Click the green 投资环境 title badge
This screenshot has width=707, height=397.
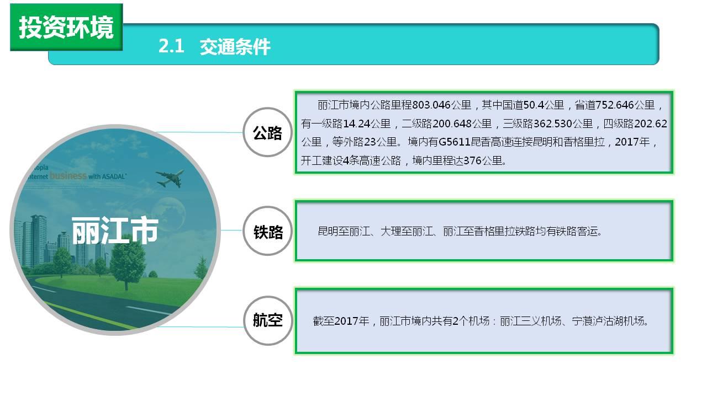(x=66, y=27)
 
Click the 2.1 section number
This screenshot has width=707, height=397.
(x=171, y=46)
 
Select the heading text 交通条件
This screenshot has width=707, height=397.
(x=235, y=47)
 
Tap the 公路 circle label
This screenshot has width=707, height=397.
(x=267, y=132)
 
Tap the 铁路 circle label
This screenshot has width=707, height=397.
(x=268, y=231)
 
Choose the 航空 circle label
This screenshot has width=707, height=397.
(x=268, y=320)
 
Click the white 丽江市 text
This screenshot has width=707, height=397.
(x=115, y=230)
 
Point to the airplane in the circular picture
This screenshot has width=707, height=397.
(x=170, y=178)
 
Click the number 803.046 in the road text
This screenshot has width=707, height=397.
(x=431, y=105)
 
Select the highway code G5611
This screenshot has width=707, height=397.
(x=454, y=142)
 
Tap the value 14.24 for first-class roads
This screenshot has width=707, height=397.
(x=357, y=124)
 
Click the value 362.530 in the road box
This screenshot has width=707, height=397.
(x=553, y=124)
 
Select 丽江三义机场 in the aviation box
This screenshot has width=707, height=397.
(x=531, y=321)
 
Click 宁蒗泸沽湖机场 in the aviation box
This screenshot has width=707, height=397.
(x=608, y=321)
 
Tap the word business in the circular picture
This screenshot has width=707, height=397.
(x=68, y=176)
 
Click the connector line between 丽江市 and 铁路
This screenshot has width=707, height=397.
(x=231, y=230)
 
